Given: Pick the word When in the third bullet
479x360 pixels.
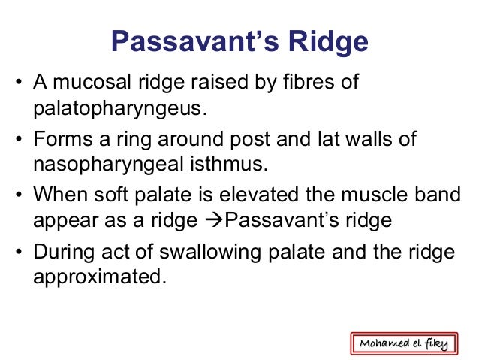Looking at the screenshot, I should coord(56,195).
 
